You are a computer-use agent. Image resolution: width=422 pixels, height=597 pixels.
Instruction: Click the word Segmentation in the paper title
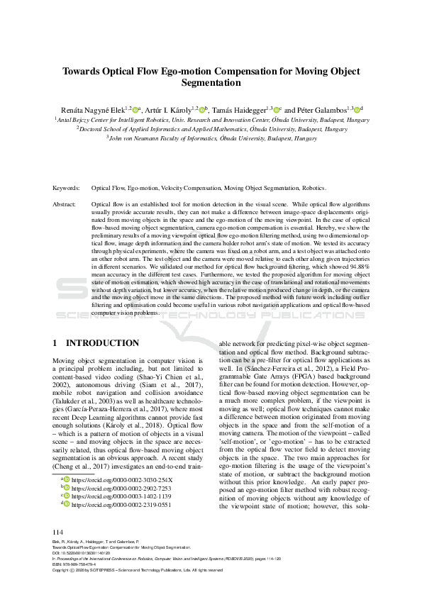click(211, 83)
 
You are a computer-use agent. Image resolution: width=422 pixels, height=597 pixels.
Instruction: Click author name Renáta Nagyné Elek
click(92, 110)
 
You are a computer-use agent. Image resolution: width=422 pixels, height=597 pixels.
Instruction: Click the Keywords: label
click(68, 189)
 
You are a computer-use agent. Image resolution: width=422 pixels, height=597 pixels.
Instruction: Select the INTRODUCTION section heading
click(101, 343)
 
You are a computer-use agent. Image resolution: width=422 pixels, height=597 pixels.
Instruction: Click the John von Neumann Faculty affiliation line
click(211, 140)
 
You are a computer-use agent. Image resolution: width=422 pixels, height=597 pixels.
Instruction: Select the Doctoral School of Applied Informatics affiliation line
click(211, 130)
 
